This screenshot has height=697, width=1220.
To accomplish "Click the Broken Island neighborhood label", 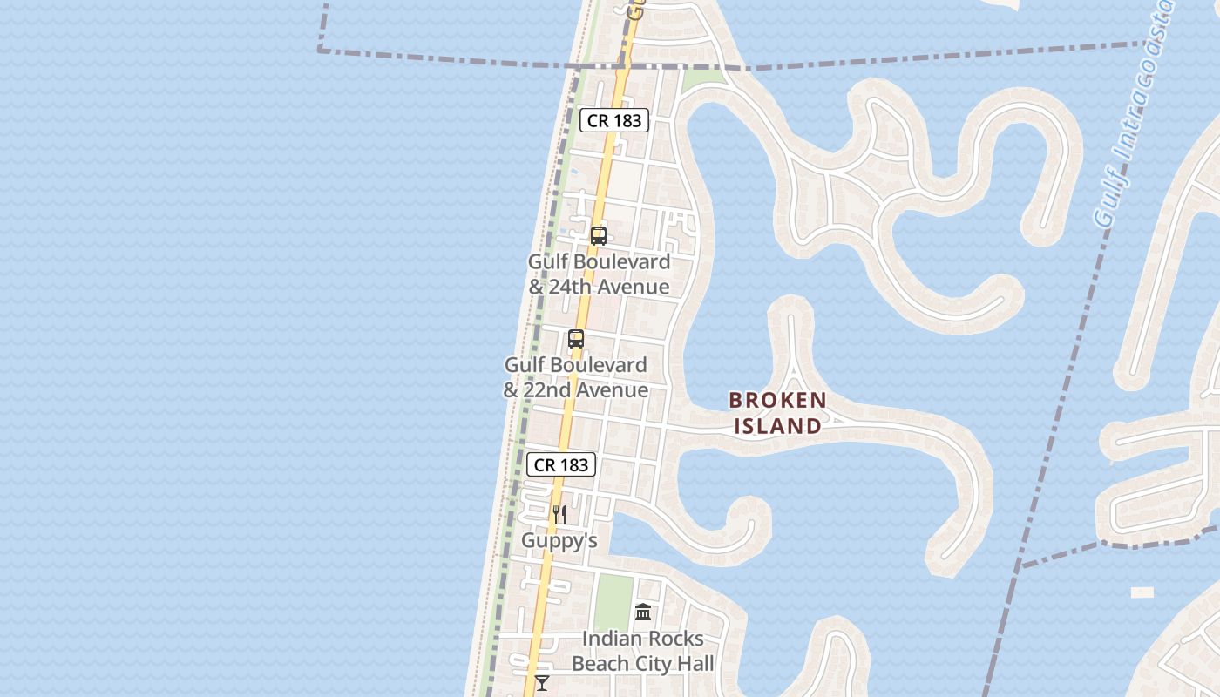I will [777, 413].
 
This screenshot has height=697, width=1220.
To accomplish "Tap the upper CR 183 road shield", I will [614, 120].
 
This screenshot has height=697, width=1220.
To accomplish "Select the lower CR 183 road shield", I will [561, 464].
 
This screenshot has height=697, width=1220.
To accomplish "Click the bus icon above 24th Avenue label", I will [599, 235].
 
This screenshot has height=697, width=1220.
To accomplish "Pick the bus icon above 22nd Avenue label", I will [576, 339].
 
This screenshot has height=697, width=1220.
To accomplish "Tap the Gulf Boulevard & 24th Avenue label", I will [600, 274].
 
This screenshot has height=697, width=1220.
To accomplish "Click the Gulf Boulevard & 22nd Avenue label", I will [576, 377].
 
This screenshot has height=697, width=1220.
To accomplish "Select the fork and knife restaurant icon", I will [559, 515].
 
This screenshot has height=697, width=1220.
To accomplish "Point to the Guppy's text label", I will [559, 541].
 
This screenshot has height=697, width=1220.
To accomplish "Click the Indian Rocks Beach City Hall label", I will [643, 651].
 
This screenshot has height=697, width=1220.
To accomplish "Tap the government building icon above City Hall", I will [643, 612].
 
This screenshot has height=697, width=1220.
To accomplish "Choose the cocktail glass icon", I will [542, 682].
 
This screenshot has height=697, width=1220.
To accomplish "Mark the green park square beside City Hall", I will [613, 601].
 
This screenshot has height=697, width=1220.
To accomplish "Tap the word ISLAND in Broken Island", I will [777, 426].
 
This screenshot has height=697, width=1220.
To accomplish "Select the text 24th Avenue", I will [609, 287].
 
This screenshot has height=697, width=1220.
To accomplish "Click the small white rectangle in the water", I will [1142, 592].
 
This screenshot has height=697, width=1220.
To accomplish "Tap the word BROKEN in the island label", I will [777, 401].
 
